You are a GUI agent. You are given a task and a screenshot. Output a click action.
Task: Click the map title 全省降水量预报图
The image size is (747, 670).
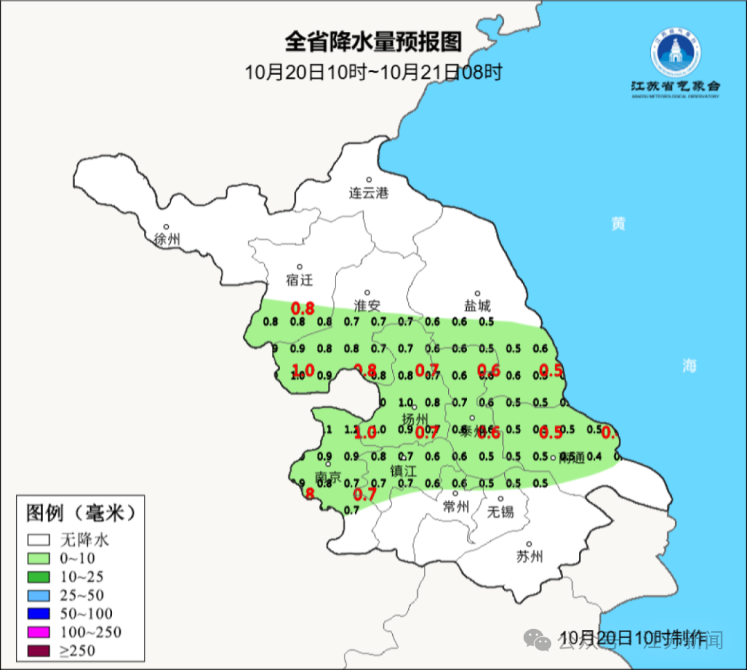coord(373,42)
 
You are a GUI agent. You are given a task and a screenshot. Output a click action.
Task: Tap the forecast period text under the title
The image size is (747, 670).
coord(373,72)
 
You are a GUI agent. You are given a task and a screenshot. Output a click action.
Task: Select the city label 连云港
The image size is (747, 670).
coord(369,193)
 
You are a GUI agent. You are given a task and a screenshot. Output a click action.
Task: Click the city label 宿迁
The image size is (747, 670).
coord(299,280)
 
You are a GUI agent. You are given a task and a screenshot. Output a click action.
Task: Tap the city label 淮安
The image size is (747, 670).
coord(367,306)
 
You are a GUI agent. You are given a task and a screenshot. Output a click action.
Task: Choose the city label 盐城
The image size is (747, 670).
coord(477,306)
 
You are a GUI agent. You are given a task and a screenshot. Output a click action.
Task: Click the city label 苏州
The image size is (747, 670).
coord(530,557)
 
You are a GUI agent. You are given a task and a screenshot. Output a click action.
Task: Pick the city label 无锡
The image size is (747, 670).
coord(500,512)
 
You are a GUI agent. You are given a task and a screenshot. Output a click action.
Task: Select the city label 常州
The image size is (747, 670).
coord(456,507)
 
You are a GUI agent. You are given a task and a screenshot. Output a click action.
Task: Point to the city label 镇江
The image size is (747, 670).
coord(404,471)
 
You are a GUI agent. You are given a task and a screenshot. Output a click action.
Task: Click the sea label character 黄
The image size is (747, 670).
coord(618,223)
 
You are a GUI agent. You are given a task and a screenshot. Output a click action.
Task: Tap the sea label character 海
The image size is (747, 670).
coord(689,366)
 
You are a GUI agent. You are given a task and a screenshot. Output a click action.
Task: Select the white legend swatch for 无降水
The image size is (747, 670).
coord(39,539)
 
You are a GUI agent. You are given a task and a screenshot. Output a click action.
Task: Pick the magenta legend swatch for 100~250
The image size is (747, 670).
coord(39,632)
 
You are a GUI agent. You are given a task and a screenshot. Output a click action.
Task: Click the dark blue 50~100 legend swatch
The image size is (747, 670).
coord(39,613)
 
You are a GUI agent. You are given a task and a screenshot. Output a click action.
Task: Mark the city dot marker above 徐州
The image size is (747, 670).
coord(167,226)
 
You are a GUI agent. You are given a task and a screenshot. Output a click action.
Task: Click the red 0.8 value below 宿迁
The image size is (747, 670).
coord(302,308)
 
